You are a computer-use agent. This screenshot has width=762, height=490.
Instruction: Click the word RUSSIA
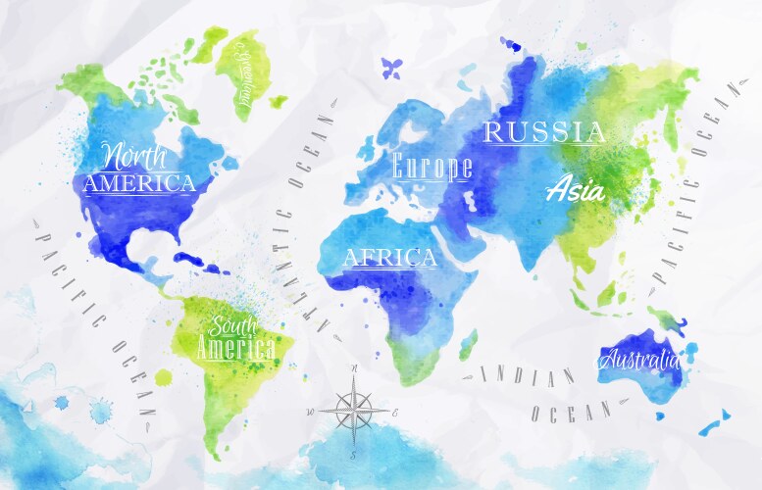click(545, 132)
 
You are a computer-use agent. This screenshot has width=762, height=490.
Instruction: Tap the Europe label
click(432, 166)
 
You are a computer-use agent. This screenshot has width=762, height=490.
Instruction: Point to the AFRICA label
click(389, 258)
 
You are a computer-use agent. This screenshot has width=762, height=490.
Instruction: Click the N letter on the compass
click(354, 370)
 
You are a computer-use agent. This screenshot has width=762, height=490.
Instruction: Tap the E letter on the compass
click(394, 413)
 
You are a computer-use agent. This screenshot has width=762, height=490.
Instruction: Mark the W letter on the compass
click(312, 412)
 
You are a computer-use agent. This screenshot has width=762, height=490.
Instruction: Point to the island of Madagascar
click(468, 344)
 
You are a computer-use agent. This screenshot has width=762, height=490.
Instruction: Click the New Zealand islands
click(714, 421)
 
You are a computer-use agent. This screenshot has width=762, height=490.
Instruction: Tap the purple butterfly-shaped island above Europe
click(391, 68)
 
